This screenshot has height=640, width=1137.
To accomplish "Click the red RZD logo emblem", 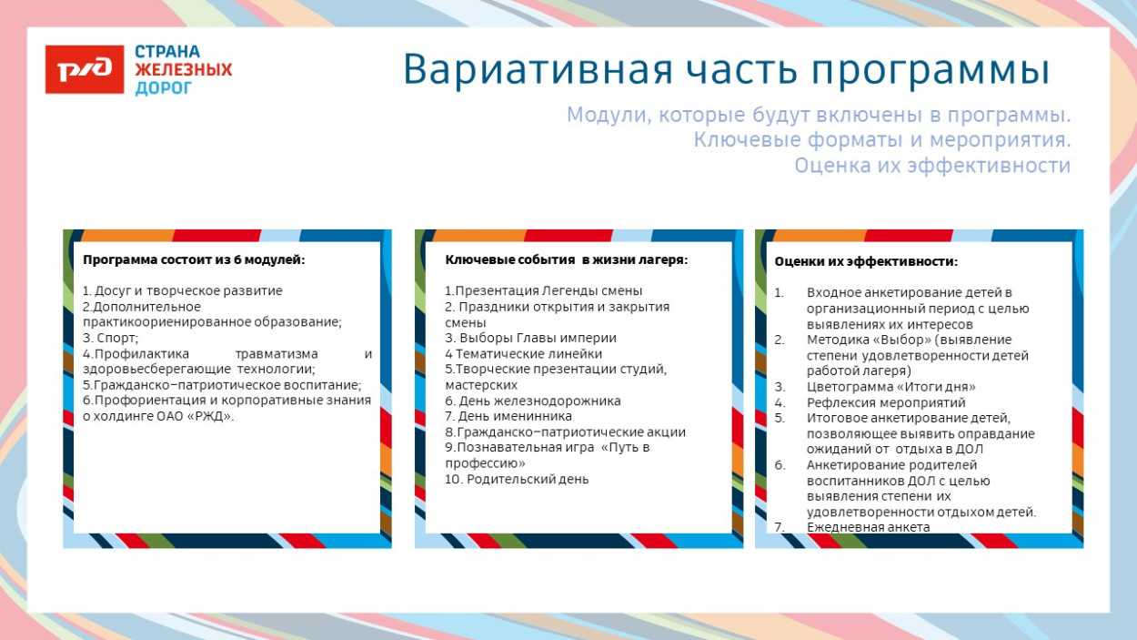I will point(85,70).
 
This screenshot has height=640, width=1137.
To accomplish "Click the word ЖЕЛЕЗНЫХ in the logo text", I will point(184,70).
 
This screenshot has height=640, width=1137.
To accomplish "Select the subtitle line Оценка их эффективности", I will point(931,166).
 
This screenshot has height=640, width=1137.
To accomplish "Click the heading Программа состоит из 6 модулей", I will point(194,260).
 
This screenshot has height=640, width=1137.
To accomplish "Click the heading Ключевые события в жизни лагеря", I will point(566,260).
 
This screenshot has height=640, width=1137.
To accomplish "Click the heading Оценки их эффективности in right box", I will point(865,261).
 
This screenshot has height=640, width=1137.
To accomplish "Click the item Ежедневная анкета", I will point(868,527).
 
